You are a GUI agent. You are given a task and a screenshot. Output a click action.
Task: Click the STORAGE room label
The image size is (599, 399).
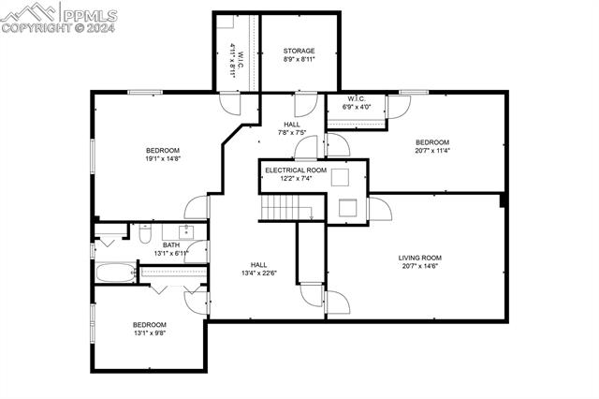tap(299, 51)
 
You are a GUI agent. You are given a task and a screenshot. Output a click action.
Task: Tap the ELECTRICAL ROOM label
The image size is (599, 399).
tap(295, 170)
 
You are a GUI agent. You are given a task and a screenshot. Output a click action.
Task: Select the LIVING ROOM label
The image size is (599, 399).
tap(419, 258)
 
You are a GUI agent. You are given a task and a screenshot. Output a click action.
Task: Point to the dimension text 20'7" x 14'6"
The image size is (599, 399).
tap(419, 267)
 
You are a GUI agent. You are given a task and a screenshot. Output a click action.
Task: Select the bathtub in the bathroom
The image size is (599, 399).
tap(115, 273)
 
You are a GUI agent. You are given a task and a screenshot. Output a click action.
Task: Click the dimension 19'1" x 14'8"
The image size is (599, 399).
tap(162, 159)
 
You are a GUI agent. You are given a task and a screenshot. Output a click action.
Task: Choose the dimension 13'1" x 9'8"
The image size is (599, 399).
tap(149, 333)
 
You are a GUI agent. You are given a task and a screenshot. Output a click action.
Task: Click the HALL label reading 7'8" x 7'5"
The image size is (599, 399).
tap(292, 132)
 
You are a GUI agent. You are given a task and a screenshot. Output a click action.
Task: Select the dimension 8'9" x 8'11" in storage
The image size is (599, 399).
tap(299, 60)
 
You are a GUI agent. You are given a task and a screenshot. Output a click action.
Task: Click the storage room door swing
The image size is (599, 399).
tap(301, 104)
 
